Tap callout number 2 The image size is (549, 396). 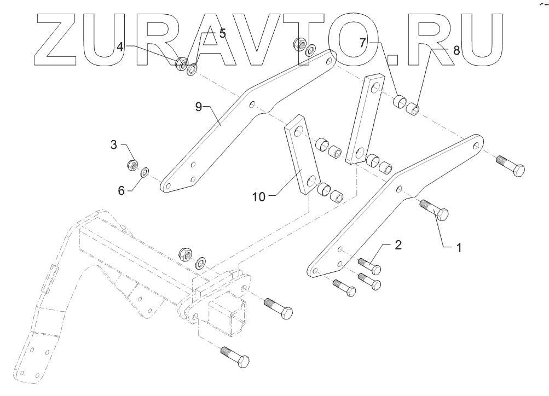point(398,244)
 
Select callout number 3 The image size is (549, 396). point(114,145)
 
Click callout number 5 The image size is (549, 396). point(222,33)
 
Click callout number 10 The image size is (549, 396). point(259,196)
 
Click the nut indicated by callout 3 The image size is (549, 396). point(132,164)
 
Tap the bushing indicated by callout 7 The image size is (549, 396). point(401,101)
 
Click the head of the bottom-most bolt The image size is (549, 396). point(241,362)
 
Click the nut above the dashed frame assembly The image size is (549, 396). point(186,253)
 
